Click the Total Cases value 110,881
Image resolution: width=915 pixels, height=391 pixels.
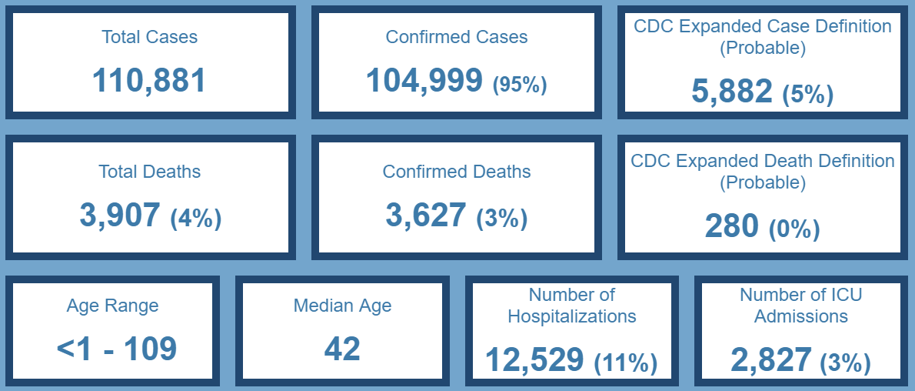149,80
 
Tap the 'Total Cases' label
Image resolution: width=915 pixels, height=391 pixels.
149,37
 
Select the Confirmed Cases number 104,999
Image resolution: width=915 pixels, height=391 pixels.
424,80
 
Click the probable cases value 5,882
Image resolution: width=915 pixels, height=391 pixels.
732,92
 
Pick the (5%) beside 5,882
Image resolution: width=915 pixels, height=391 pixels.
807,95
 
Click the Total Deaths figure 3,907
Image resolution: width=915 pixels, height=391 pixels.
120,216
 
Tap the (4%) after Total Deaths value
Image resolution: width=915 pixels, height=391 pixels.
195,219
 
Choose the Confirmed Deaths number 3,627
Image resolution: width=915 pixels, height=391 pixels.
426,216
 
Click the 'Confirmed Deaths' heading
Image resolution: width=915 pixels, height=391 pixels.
457,172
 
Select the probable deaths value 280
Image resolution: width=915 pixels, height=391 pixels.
731,227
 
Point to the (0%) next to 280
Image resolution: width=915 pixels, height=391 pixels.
794,230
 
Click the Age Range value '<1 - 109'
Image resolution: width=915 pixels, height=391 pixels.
117,349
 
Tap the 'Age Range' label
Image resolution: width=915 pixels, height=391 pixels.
112,306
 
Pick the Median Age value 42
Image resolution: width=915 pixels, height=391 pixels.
342,349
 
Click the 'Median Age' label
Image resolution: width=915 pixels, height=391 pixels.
342,306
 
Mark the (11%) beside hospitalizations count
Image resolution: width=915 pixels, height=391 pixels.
626,363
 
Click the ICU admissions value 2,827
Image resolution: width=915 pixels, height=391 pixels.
771,360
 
